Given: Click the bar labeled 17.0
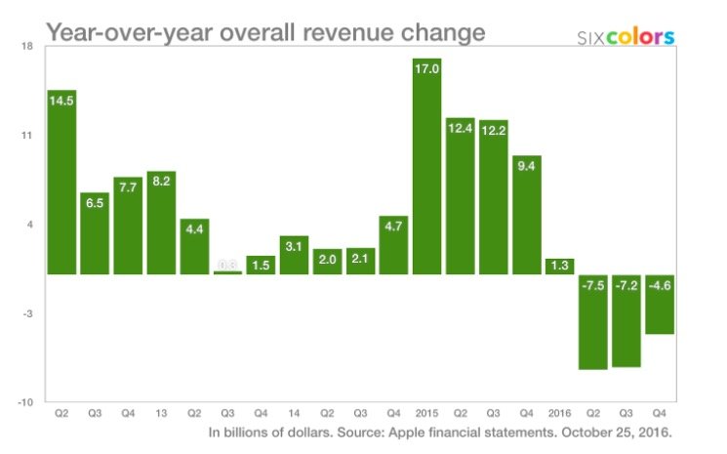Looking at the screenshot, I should point(426,166).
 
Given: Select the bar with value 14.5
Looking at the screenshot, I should point(61,182).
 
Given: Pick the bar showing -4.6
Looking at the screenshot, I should point(660,304).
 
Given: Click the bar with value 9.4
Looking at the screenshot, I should point(526,214).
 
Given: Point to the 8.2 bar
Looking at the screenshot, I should point(161,223).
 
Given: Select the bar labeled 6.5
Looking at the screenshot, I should point(95,233).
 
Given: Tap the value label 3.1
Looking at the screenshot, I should point(294,246).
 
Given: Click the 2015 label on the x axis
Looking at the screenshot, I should point(426,413).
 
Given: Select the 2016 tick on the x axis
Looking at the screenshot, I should point(559,413).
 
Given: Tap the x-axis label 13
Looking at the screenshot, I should point(161,413).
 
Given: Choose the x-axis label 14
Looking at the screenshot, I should point(294,413).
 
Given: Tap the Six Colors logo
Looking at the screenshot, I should point(626,37).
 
